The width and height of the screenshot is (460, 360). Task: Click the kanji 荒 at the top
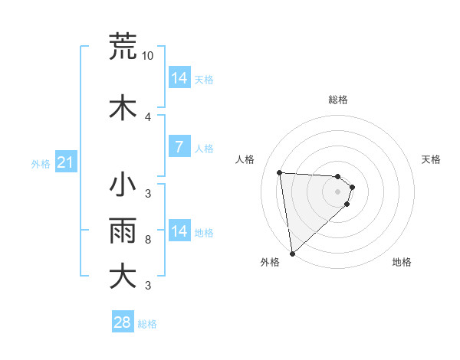123,47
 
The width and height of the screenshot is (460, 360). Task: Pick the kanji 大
123,277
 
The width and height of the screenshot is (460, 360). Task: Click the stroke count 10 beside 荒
148,56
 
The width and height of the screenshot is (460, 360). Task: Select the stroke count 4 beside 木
147,117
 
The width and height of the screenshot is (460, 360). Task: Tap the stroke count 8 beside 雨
147,240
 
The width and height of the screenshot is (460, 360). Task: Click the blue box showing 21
65,163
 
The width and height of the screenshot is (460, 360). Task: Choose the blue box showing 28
123,322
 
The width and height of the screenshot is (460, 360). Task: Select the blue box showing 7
179,147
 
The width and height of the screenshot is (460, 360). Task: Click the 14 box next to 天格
179,78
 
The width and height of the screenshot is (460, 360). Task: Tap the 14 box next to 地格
179,231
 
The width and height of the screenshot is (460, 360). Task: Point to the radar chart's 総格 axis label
338,100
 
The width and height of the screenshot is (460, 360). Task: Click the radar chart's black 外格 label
270,263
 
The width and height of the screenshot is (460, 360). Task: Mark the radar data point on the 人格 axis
280,172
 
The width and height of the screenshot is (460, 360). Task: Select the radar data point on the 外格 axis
292,253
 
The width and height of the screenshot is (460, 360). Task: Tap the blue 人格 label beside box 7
204,149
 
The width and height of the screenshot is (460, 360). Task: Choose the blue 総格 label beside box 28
147,324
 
